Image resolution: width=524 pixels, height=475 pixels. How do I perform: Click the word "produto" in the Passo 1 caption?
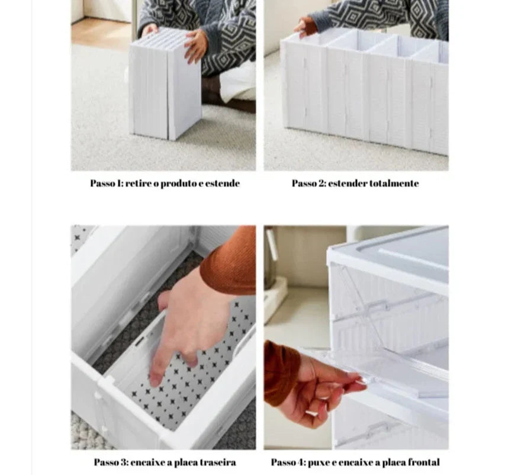(179, 184)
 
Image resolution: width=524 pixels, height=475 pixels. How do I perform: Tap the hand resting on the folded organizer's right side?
(196, 46)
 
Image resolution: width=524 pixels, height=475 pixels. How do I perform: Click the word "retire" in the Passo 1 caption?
(139, 183)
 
